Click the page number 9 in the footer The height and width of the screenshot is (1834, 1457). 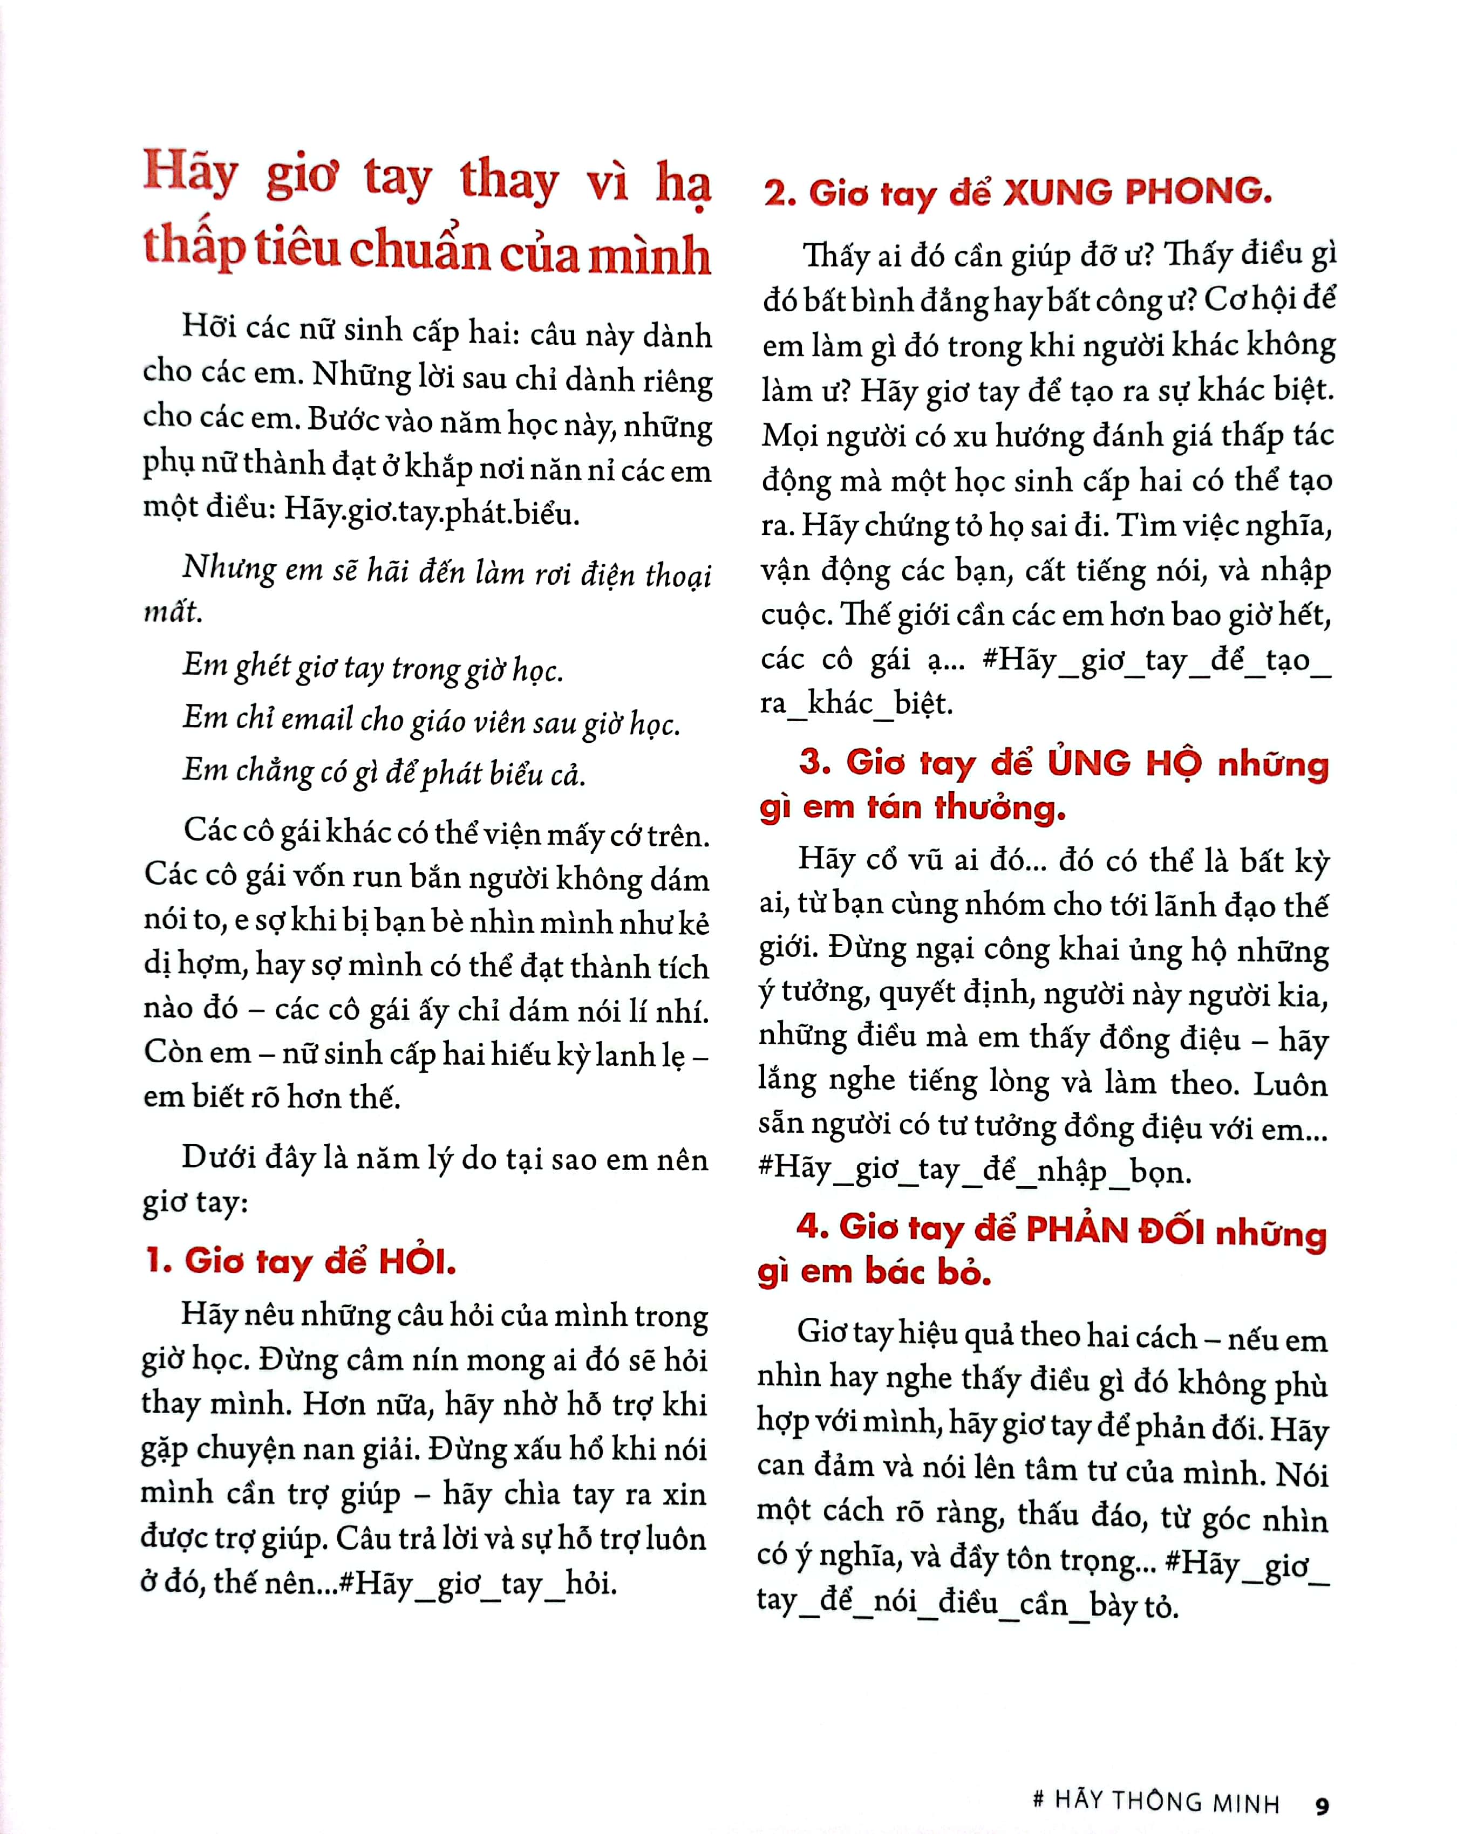(1322, 1805)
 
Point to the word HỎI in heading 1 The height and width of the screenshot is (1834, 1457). (417, 1261)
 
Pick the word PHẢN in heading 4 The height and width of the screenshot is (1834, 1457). (1075, 1229)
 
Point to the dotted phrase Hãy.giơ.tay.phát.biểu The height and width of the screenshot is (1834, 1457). (432, 510)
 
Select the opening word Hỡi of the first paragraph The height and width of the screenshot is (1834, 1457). (208, 327)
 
